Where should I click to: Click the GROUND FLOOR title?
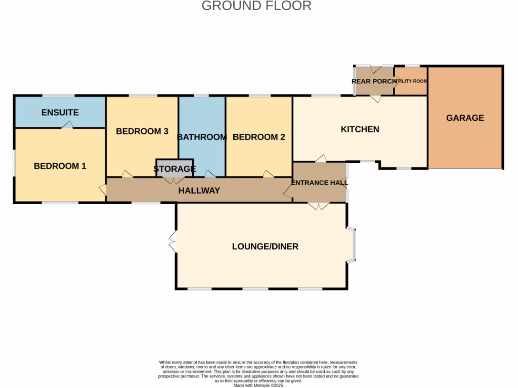256,6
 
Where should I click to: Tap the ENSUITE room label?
60,113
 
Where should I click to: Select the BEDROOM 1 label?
60,166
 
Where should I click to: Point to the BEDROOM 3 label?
142,131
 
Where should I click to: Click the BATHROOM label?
202,137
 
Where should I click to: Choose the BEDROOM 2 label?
258,137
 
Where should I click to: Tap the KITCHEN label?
360,129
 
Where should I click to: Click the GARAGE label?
465,118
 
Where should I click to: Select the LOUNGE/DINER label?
265,247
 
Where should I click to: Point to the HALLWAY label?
199,190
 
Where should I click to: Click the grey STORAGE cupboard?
175,168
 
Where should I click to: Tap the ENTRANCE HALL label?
320,182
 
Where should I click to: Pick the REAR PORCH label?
374,81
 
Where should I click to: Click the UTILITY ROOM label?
411,81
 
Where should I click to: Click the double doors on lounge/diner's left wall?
172,242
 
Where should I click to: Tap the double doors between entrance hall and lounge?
319,206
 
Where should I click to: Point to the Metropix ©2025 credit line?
258,385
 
